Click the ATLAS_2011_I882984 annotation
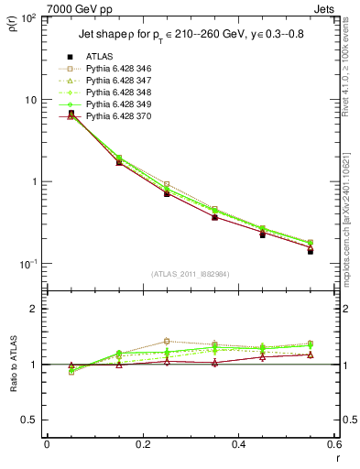point(191,274)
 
